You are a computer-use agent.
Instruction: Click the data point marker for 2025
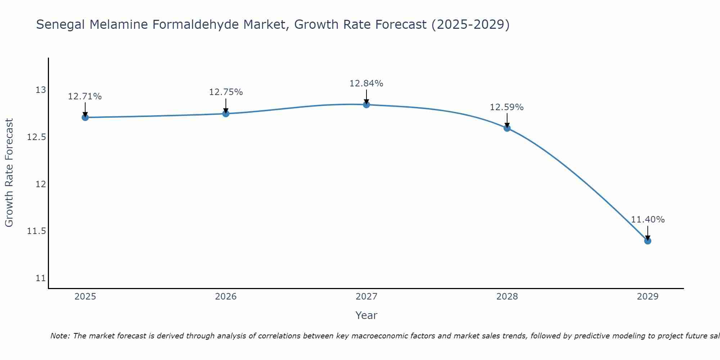point(85,117)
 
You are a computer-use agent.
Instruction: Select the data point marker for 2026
point(226,114)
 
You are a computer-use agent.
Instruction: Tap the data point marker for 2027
point(366,105)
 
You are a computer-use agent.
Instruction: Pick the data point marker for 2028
point(507,128)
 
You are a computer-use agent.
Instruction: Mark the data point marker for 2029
point(648,241)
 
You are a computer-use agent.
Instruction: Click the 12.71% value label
point(85,96)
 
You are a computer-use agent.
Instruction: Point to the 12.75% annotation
point(226,92)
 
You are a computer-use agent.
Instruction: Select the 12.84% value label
point(366,84)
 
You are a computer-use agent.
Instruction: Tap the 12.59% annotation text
point(507,107)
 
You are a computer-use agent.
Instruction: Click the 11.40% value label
point(648,220)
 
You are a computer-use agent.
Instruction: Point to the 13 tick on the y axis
point(41,90)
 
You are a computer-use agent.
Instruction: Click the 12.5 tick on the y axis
point(37,137)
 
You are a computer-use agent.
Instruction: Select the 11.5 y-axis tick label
point(37,231)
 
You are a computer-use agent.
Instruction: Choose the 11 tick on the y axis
point(41,278)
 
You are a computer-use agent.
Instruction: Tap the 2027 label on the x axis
point(366,297)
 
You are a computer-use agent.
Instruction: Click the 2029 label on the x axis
point(648,297)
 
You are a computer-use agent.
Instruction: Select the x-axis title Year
point(366,315)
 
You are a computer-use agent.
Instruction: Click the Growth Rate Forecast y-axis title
point(9,173)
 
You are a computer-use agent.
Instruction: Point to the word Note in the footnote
point(60,336)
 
